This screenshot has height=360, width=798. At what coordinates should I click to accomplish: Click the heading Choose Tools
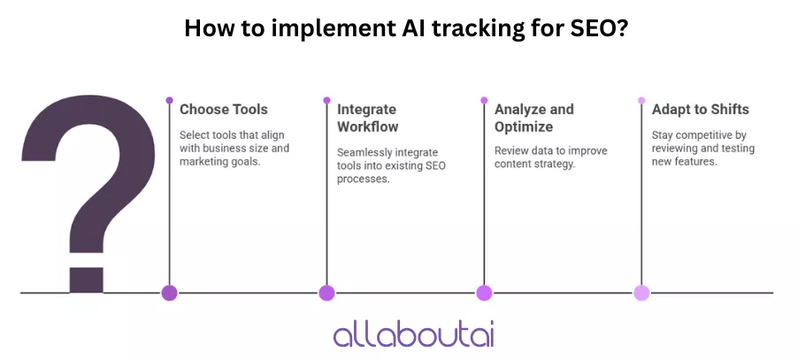pos(224,110)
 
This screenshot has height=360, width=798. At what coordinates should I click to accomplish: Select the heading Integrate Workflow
pos(368,118)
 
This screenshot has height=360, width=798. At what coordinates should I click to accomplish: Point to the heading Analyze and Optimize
pos(533,118)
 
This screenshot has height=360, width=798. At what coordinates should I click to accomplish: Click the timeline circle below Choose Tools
pos(169,293)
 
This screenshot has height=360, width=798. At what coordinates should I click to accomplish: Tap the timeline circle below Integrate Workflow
pos(326,293)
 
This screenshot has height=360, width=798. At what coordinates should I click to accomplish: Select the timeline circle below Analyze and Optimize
pos(484,293)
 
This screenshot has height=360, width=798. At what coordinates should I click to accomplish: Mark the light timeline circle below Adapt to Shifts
pos(641,293)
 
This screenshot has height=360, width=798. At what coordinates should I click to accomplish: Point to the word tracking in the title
pos(458,28)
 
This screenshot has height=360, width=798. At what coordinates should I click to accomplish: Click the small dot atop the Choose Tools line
pos(169,100)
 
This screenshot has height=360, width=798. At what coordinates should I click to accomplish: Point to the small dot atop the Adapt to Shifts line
pos(641,100)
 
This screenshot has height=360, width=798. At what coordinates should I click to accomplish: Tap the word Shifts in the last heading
pos(727,110)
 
